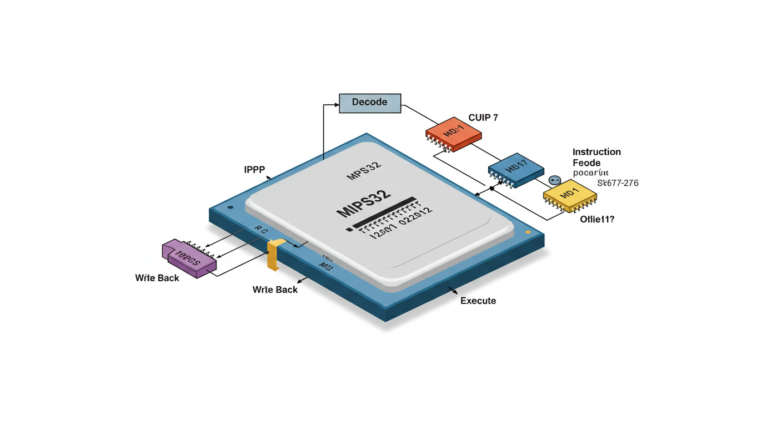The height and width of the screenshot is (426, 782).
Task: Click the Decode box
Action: pyautogui.click(x=370, y=103)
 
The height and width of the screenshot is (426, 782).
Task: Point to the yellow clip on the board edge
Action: pyautogui.click(x=274, y=255)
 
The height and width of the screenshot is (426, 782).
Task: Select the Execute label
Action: pyautogui.click(x=478, y=301)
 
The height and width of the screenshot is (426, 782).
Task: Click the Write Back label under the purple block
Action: pyautogui.click(x=157, y=278)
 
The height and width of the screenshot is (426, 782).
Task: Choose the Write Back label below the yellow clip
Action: pyautogui.click(x=275, y=290)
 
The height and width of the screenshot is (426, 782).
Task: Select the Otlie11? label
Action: pyautogui.click(x=597, y=220)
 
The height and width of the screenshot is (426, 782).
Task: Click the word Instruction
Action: pyautogui.click(x=596, y=152)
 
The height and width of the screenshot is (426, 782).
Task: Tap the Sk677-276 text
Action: pyautogui.click(x=618, y=183)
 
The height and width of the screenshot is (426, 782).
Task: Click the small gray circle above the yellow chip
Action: pyautogui.click(x=554, y=180)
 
